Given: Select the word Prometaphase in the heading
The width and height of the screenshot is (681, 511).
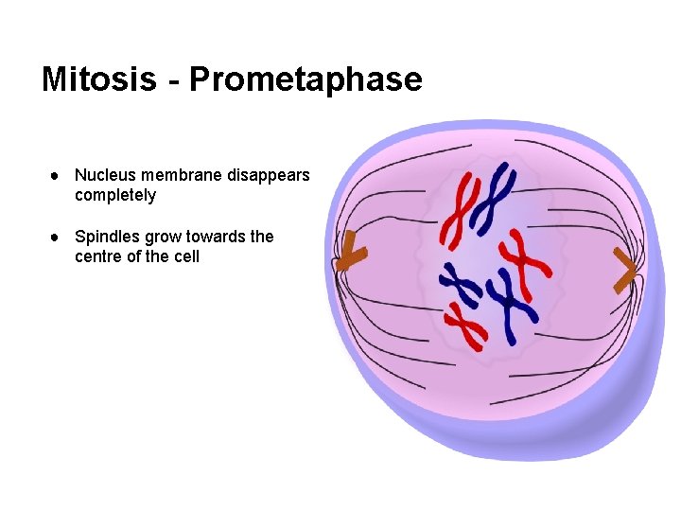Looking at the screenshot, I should click(306, 79).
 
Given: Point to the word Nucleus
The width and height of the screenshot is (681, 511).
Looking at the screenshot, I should click(106, 175).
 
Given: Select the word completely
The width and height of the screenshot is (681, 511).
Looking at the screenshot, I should click(115, 196).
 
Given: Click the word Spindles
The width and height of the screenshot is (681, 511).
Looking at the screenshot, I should click(107, 237).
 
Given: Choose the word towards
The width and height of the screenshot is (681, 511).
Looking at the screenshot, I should click(217, 237).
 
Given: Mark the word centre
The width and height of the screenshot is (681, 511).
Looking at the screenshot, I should click(98, 256).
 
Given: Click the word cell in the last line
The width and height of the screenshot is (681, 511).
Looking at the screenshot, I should click(186, 256).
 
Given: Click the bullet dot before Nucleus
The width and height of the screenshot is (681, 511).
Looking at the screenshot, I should click(58, 176).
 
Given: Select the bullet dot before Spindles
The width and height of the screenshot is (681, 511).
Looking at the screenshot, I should click(58, 237).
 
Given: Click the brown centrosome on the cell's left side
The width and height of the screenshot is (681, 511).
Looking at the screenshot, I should click(351, 252).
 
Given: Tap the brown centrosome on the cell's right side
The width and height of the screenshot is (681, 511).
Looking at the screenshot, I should click(624, 270).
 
